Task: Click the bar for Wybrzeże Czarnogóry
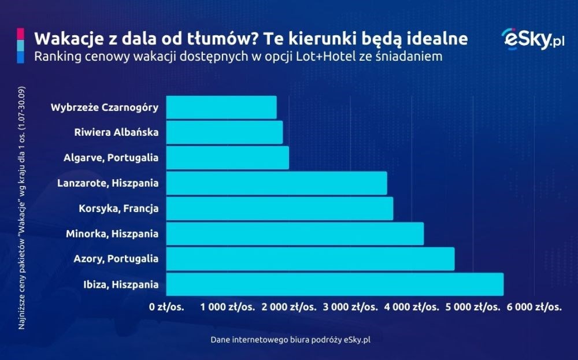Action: (x=221, y=107)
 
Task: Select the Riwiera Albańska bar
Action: (x=224, y=132)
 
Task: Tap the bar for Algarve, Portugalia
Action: (x=227, y=158)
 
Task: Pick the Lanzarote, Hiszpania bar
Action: (x=276, y=183)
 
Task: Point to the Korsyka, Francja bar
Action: (x=279, y=208)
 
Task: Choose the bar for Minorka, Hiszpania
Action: (x=295, y=233)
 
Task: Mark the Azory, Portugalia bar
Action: (x=310, y=259)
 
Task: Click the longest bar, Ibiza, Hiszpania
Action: (x=335, y=284)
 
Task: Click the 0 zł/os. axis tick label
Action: (x=166, y=307)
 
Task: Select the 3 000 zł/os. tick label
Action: (x=351, y=307)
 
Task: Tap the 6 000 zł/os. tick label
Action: (x=534, y=307)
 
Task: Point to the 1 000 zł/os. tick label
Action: (x=228, y=307)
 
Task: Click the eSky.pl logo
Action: (x=533, y=39)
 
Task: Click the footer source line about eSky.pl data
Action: (x=291, y=340)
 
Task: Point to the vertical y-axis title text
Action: (x=21, y=208)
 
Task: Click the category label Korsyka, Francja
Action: (x=118, y=209)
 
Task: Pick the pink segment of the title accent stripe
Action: (x=20, y=34)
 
